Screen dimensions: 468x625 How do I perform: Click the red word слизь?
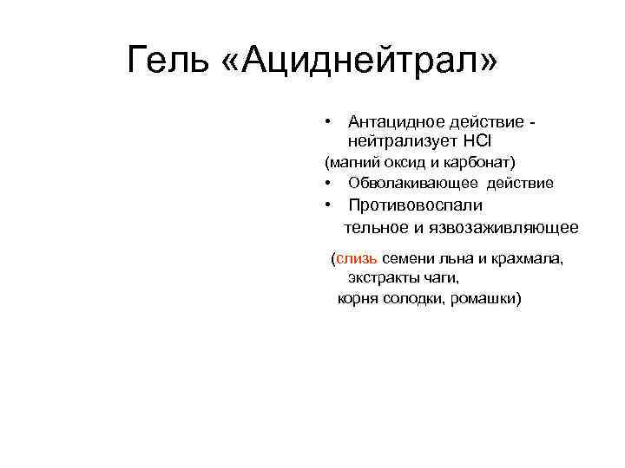[x=357, y=258]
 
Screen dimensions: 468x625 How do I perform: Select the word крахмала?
[x=530, y=258]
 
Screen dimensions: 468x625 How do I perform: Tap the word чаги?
[x=442, y=278]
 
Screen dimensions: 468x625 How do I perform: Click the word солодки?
[x=413, y=299]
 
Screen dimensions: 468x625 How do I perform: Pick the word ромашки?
[x=486, y=299]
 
